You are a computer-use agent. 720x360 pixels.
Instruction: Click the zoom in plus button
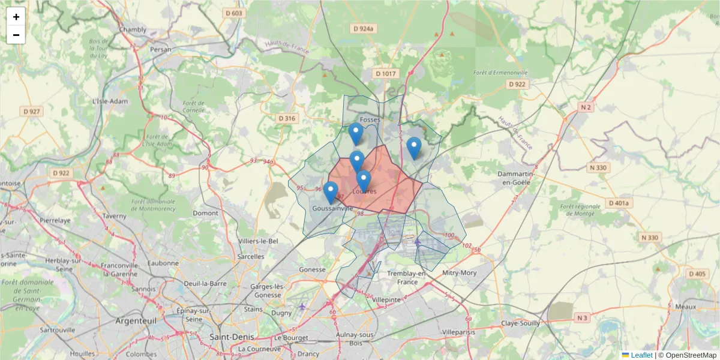pos(16,17)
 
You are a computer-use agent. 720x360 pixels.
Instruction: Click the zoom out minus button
pos(16,35)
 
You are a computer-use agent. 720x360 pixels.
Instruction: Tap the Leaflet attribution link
pos(641,355)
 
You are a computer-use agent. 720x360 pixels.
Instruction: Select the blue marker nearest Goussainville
pos(331,193)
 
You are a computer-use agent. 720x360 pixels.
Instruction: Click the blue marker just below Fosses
pos(356,134)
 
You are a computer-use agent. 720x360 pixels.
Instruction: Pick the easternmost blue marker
pos(413,148)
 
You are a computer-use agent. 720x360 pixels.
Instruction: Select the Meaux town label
pos(685,306)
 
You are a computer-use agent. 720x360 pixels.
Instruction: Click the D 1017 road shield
pos(386,74)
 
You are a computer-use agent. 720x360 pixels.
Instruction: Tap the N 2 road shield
pos(586,107)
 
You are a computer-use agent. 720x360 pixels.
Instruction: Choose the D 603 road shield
pos(233,13)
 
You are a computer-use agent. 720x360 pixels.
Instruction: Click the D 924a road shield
pos(364,28)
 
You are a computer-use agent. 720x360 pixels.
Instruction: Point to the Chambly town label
pos(133,29)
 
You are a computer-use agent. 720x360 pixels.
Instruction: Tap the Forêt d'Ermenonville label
pos(500,73)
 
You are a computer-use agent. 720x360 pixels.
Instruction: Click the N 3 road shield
pos(582,317)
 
